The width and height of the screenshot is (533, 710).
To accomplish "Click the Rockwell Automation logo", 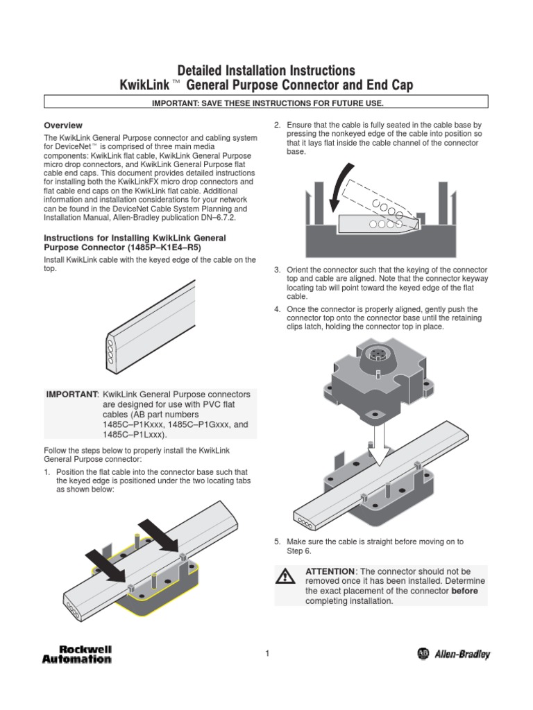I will (x=77, y=654).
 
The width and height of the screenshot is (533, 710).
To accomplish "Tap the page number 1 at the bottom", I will (x=266, y=653).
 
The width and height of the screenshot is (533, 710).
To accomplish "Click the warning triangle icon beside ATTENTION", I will (x=285, y=575).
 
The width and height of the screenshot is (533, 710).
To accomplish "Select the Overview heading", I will (x=63, y=125).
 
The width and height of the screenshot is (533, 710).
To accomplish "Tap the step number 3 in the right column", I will (x=276, y=269).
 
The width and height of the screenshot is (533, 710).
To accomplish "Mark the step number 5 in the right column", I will (x=276, y=542).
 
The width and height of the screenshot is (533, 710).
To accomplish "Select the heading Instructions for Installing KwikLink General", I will (x=135, y=238).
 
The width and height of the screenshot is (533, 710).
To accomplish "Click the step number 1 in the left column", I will (x=47, y=472).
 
